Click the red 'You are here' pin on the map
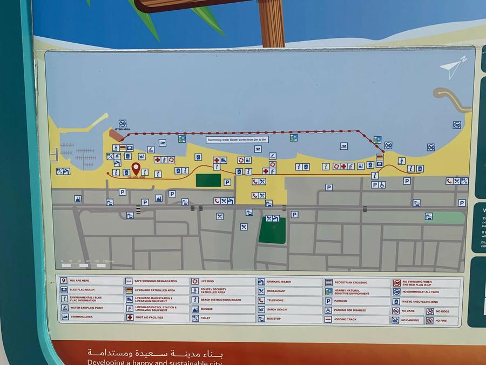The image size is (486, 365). [x=136, y=169]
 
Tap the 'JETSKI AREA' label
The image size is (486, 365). [x=123, y=130]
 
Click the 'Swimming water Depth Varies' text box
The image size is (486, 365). [x=238, y=140]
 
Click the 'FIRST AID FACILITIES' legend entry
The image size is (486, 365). [x=157, y=317]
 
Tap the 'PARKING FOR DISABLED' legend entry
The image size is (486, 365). [x=356, y=310]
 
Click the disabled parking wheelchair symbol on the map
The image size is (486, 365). [x=382, y=184]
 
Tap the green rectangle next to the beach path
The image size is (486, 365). [x=208, y=180]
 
